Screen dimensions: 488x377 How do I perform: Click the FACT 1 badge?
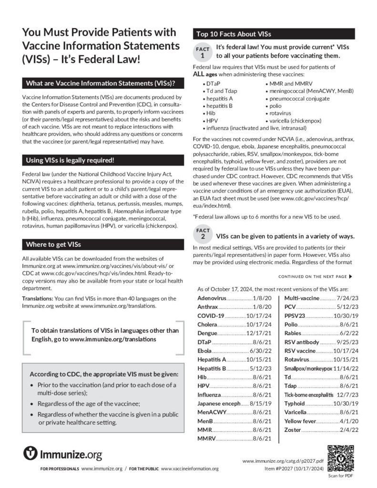click(x=202, y=52)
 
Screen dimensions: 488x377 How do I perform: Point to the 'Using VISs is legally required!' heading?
click(x=70, y=160)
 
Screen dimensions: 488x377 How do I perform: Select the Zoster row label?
click(x=292, y=430)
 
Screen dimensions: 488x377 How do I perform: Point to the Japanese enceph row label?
click(x=219, y=403)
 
